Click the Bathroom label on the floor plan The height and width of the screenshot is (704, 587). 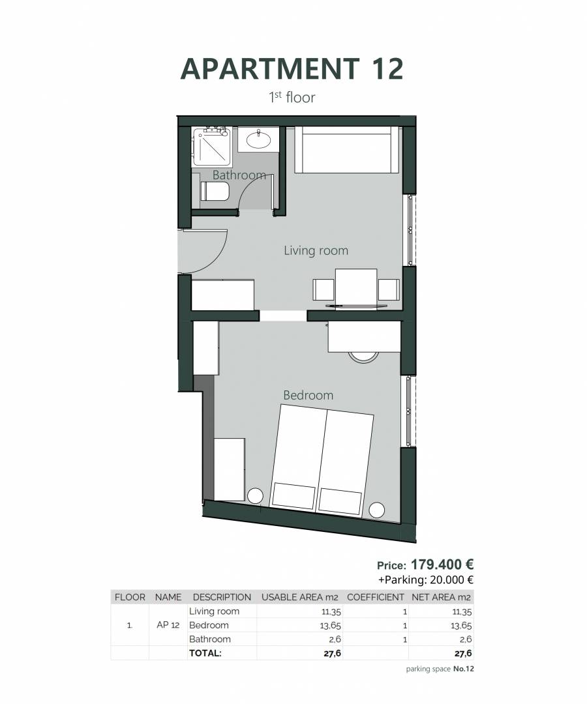(239, 175)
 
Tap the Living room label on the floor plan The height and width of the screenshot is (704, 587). (316, 250)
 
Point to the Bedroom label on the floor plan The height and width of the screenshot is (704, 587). (308, 395)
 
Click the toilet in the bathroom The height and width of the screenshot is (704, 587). (215, 191)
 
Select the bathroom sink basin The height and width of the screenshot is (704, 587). (259, 139)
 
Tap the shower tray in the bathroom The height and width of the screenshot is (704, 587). (211, 147)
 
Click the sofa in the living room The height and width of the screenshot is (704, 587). (346, 149)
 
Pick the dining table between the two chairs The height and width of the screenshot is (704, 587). (355, 288)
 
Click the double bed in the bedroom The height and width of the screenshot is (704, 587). (322, 460)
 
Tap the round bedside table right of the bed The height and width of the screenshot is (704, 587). (377, 510)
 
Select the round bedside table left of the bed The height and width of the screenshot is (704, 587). (254, 495)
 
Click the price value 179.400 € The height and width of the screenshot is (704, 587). (442, 564)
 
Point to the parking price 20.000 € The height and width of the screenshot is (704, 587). (452, 579)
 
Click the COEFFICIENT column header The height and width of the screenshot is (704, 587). (376, 597)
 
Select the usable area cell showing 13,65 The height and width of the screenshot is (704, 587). (331, 625)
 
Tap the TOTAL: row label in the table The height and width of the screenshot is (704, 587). (205, 653)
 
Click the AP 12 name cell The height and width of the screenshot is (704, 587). (168, 625)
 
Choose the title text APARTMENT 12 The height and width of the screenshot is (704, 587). (292, 68)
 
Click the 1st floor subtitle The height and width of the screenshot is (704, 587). (292, 97)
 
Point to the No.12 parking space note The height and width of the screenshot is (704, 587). (464, 669)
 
